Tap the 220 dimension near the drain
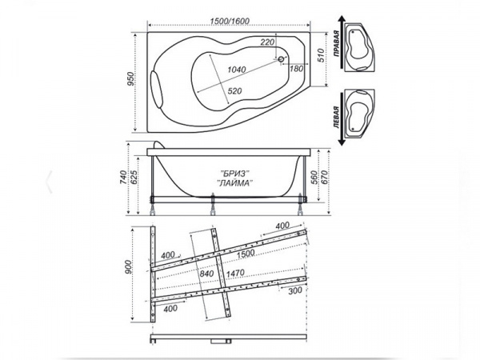click(x=267, y=42)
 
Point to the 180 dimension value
click(x=297, y=69)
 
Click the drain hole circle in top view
click(x=281, y=58)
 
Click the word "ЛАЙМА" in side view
click(x=234, y=184)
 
